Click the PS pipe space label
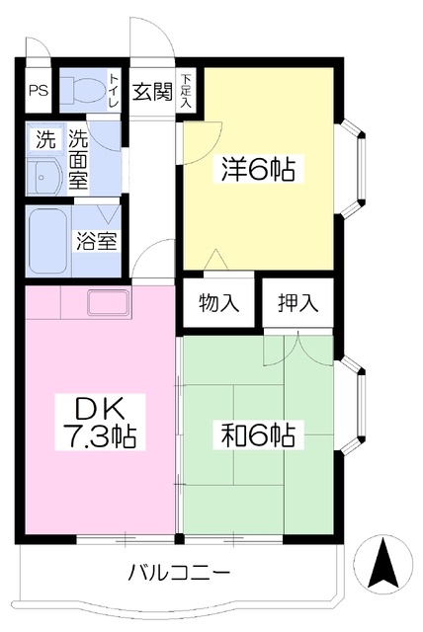click(39, 90)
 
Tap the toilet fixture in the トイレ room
click(82, 90)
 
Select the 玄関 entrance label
click(152, 92)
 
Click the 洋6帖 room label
click(258, 169)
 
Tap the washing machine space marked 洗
click(45, 137)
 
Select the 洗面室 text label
click(78, 160)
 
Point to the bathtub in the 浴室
click(48, 241)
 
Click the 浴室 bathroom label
click(97, 241)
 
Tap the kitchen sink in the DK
click(110, 303)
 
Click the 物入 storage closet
click(219, 302)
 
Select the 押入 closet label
click(298, 302)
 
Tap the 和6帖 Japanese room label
click(259, 435)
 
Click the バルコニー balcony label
click(179, 572)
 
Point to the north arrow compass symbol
click(383, 564)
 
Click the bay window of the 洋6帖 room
click(350, 167)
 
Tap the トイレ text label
click(114, 90)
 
